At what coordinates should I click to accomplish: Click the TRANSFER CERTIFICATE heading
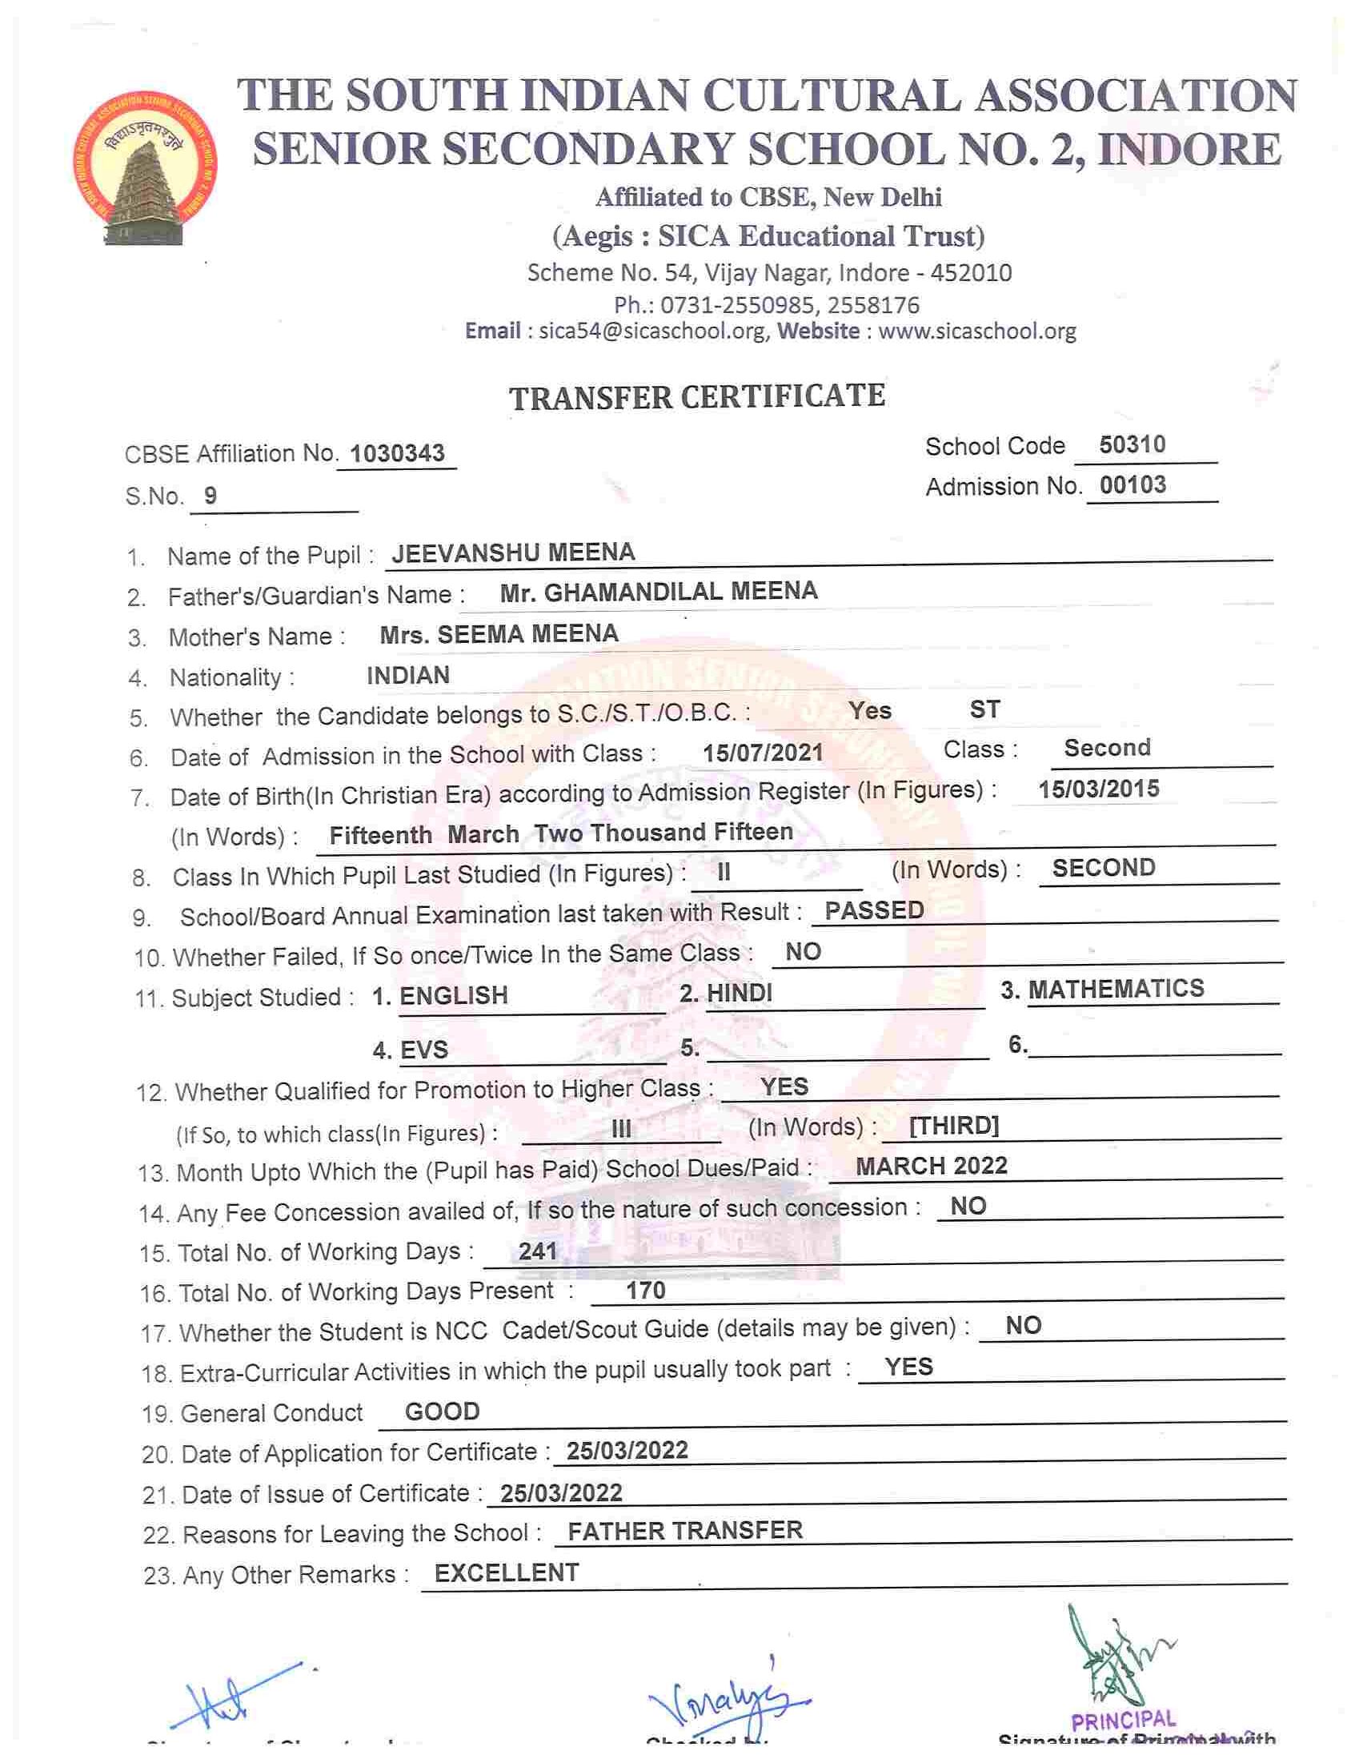pos(697,397)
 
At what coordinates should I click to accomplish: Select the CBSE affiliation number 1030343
pos(398,453)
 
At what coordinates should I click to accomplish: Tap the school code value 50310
pos(1132,444)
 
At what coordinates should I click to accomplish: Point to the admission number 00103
pos(1132,485)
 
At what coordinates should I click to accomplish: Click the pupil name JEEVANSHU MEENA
pos(513,552)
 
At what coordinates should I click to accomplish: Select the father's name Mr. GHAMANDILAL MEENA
pos(659,592)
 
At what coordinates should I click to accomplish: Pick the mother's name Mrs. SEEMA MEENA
pos(499,634)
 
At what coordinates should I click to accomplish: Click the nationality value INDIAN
pos(408,675)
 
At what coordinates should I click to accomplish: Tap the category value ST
pos(984,709)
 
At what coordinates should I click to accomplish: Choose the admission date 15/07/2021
pos(763,753)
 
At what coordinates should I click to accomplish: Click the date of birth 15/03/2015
pos(1098,789)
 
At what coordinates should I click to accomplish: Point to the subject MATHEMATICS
pos(1116,988)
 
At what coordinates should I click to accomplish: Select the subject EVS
pos(423,1050)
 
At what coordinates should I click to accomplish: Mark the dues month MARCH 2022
pos(931,1166)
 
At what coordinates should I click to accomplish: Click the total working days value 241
pos(538,1251)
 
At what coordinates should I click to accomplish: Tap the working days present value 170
pos(646,1291)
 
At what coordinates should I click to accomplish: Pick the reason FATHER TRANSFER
pos(685,1530)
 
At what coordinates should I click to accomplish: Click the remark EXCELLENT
pos(507,1573)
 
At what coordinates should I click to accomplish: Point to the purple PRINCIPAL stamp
pos(1122,1721)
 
